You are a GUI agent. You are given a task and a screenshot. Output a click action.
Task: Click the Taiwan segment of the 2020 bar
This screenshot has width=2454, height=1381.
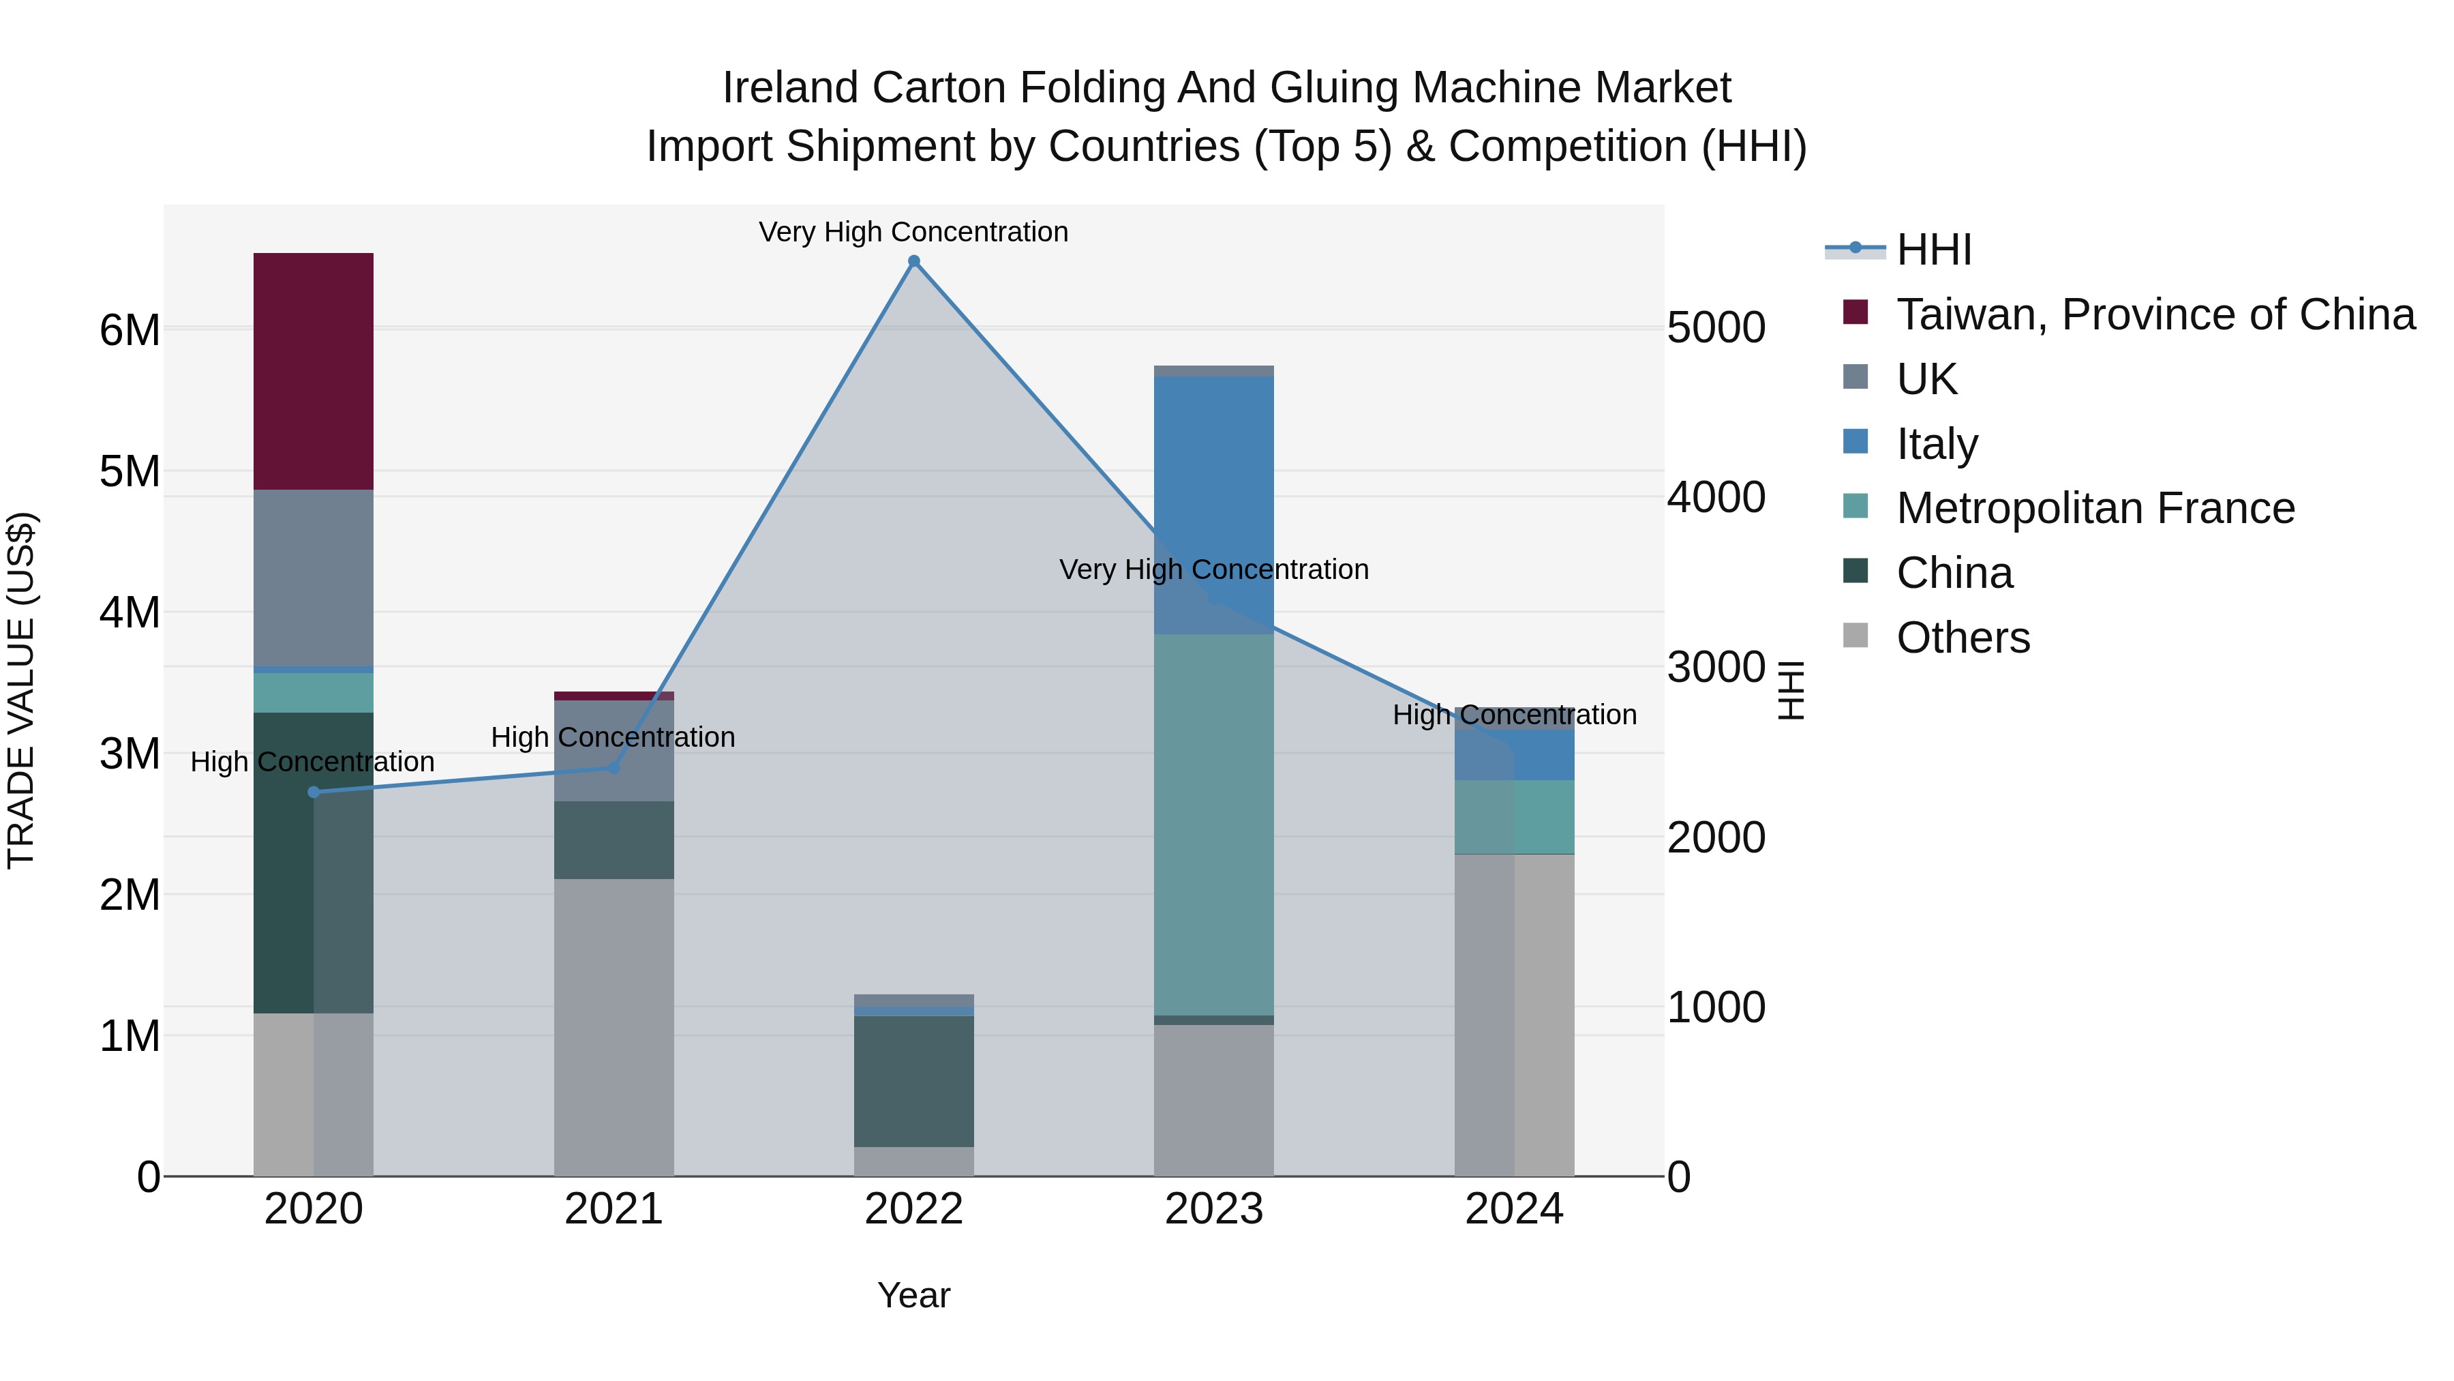314,371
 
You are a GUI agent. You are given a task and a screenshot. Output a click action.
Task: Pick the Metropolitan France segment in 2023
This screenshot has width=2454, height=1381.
1213,825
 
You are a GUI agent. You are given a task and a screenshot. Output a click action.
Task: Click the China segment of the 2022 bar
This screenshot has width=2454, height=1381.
913,1081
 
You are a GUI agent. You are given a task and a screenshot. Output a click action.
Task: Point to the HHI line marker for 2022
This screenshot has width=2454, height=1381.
913,261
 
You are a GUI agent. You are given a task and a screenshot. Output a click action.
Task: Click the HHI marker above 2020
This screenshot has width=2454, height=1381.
314,792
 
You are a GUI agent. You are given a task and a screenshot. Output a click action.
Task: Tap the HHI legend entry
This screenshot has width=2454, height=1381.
1934,250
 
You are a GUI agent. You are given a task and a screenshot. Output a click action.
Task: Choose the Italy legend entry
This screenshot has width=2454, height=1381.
1937,444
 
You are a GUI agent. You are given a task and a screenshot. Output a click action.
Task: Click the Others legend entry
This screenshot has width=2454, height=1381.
1963,638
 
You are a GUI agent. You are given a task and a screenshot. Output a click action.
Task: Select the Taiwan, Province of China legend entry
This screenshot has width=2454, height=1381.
2155,314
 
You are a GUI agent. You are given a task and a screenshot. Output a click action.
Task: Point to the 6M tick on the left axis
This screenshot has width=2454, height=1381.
130,331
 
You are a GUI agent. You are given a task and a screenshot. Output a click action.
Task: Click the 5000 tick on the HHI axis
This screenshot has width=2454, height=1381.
1716,328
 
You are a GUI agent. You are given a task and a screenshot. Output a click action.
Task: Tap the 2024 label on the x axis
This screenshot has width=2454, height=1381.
1514,1209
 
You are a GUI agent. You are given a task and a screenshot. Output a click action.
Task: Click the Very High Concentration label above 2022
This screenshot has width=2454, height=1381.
913,232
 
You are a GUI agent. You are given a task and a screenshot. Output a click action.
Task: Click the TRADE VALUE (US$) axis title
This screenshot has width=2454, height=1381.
21,690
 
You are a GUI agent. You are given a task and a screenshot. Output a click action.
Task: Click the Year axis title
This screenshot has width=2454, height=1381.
913,1295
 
